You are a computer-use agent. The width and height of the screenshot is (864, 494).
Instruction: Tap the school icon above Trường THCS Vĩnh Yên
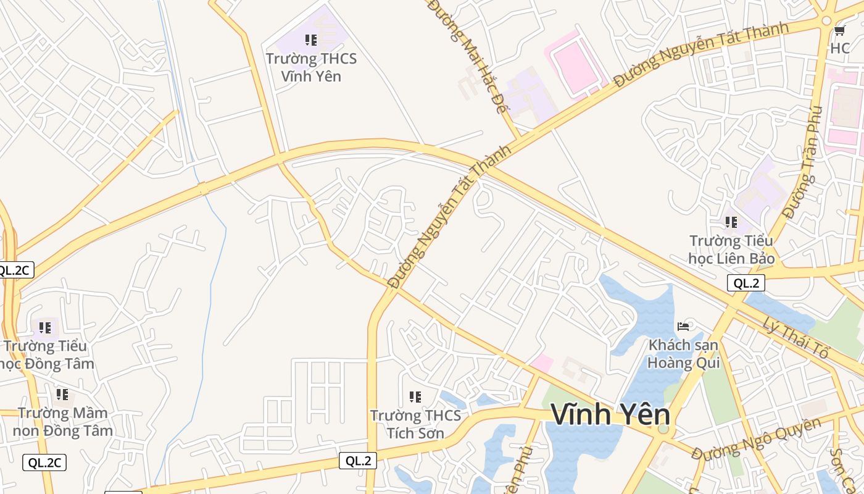(x=311, y=40)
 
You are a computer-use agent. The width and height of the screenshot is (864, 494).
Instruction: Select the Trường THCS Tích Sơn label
(x=415, y=424)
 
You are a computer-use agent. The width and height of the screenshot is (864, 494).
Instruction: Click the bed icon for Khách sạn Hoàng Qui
(x=683, y=326)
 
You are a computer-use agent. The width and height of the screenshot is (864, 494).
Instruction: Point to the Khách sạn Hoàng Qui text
(x=683, y=353)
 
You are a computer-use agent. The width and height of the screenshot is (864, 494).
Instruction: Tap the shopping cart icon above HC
(x=839, y=30)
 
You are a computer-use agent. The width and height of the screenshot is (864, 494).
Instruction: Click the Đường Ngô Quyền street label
(x=756, y=439)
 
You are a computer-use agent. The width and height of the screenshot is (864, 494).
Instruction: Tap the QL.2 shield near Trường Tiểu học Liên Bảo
(x=746, y=283)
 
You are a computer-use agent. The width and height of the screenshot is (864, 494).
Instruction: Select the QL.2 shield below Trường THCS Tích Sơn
(x=358, y=460)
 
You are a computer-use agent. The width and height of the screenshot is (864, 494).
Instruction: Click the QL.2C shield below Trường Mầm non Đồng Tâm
(x=44, y=463)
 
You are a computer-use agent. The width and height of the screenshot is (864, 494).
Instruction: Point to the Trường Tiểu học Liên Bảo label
(x=731, y=249)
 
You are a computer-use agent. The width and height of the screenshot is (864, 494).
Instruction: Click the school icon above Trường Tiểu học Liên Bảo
(x=731, y=222)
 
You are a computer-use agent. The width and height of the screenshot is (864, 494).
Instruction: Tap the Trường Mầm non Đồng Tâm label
(x=62, y=421)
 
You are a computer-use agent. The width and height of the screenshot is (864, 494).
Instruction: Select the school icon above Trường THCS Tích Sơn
(x=415, y=396)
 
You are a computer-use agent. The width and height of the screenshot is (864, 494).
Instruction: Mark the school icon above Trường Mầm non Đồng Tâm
(x=62, y=394)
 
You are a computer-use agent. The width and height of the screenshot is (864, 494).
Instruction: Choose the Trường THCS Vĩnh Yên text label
(x=311, y=67)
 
